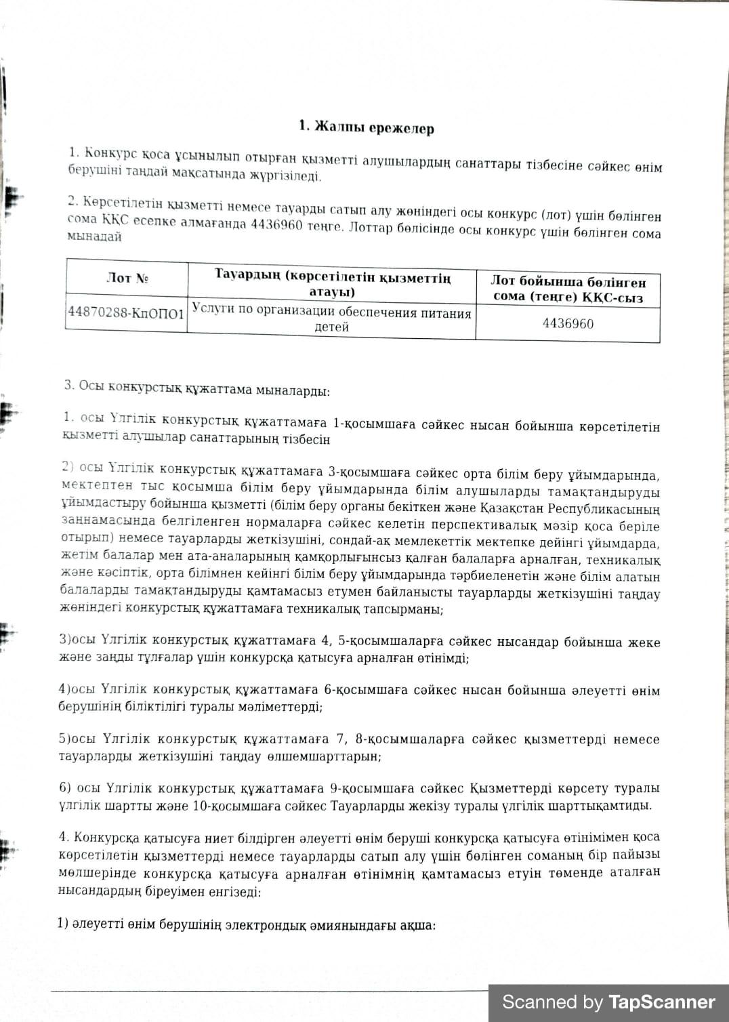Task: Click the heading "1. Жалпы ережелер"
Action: pos(367,127)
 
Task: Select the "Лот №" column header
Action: pos(127,278)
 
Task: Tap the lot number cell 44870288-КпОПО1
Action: pos(126,313)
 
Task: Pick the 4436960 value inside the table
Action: pos(568,323)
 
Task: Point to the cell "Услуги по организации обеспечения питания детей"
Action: pos(331,319)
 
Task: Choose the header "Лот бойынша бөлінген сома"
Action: pos(568,289)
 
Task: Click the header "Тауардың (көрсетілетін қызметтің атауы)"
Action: pos(332,283)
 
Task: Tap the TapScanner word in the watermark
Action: pos(661,1002)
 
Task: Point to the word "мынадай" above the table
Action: pos(94,237)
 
